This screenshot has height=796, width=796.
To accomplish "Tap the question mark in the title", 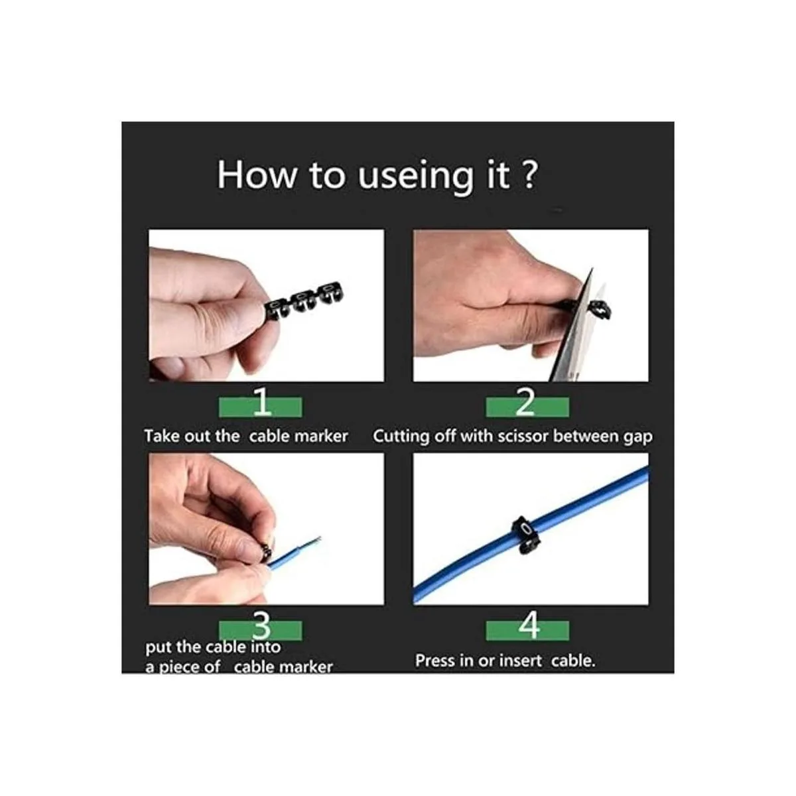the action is [530, 174].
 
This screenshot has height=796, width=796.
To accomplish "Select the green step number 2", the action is [525, 402].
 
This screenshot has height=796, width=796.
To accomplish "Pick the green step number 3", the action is [261, 626].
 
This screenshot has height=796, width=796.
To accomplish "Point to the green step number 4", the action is [529, 626].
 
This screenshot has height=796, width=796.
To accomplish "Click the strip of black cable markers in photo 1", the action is [304, 302].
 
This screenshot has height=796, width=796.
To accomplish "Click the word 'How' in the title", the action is [257, 176].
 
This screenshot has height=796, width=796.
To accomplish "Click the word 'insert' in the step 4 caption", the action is [520, 661].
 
